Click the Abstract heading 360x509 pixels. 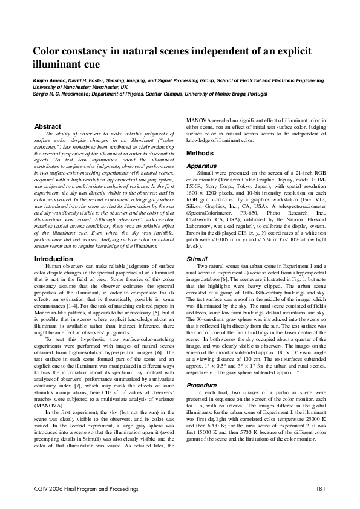(x=48, y=126)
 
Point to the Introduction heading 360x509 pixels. (x=53, y=259)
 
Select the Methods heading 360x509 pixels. (x=199, y=154)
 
